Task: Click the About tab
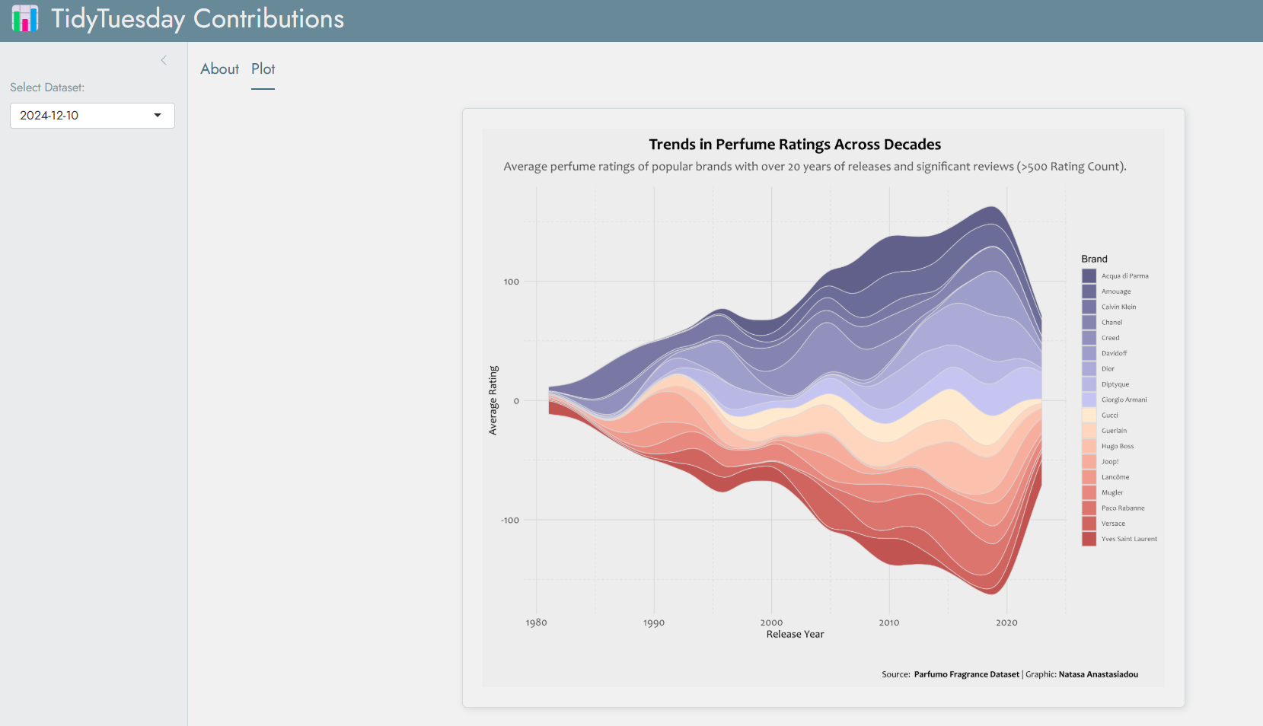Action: [x=219, y=69]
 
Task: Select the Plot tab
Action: [x=263, y=69]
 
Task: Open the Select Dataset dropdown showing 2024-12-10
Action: [x=92, y=116]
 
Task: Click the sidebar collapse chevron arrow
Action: [x=164, y=60]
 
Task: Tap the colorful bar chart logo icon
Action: [x=25, y=19]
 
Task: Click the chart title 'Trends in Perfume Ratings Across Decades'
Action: [x=795, y=145]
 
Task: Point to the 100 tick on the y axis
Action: [x=511, y=282]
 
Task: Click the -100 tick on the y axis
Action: [x=509, y=521]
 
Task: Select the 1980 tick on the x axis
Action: [x=536, y=623]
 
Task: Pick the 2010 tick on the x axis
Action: [x=888, y=623]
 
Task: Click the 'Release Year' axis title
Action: [x=795, y=635]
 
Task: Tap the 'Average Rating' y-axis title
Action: [x=493, y=400]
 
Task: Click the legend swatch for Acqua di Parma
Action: [x=1089, y=276]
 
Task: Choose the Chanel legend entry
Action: [x=1112, y=323]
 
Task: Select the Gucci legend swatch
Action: [x=1089, y=416]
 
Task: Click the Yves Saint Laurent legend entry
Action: [x=1128, y=539]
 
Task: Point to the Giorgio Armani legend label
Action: [x=1124, y=400]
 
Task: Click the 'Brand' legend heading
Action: [x=1094, y=260]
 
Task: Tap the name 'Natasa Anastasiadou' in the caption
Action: [x=1098, y=674]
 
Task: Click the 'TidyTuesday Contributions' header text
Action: [x=197, y=19]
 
